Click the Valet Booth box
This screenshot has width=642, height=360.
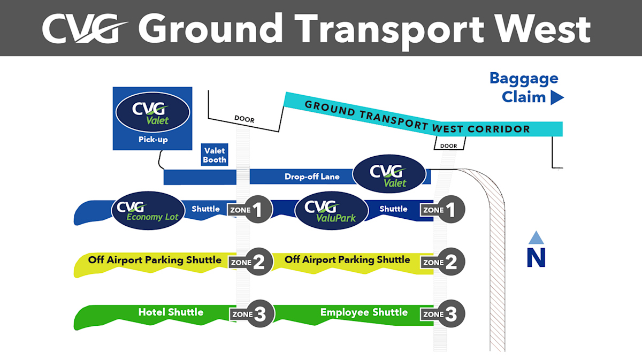215,155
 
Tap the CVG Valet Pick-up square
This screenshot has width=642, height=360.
152,118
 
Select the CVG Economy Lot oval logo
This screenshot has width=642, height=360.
148,211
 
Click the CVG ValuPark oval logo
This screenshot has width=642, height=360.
331,211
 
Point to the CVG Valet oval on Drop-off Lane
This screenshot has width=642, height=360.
389,174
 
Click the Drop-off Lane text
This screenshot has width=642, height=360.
312,177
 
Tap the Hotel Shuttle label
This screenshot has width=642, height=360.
171,312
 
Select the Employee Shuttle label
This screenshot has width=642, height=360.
364,312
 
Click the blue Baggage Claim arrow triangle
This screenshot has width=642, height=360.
557,97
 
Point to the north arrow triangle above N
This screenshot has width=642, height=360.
536,238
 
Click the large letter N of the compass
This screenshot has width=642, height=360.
536,258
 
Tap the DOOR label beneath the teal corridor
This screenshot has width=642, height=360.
448,146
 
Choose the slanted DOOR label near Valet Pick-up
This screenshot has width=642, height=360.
244,119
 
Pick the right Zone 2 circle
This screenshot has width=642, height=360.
451,262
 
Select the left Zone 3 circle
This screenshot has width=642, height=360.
260,314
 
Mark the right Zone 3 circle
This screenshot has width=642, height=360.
451,314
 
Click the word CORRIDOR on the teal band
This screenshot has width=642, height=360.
499,129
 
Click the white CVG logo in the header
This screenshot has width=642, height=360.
85,29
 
